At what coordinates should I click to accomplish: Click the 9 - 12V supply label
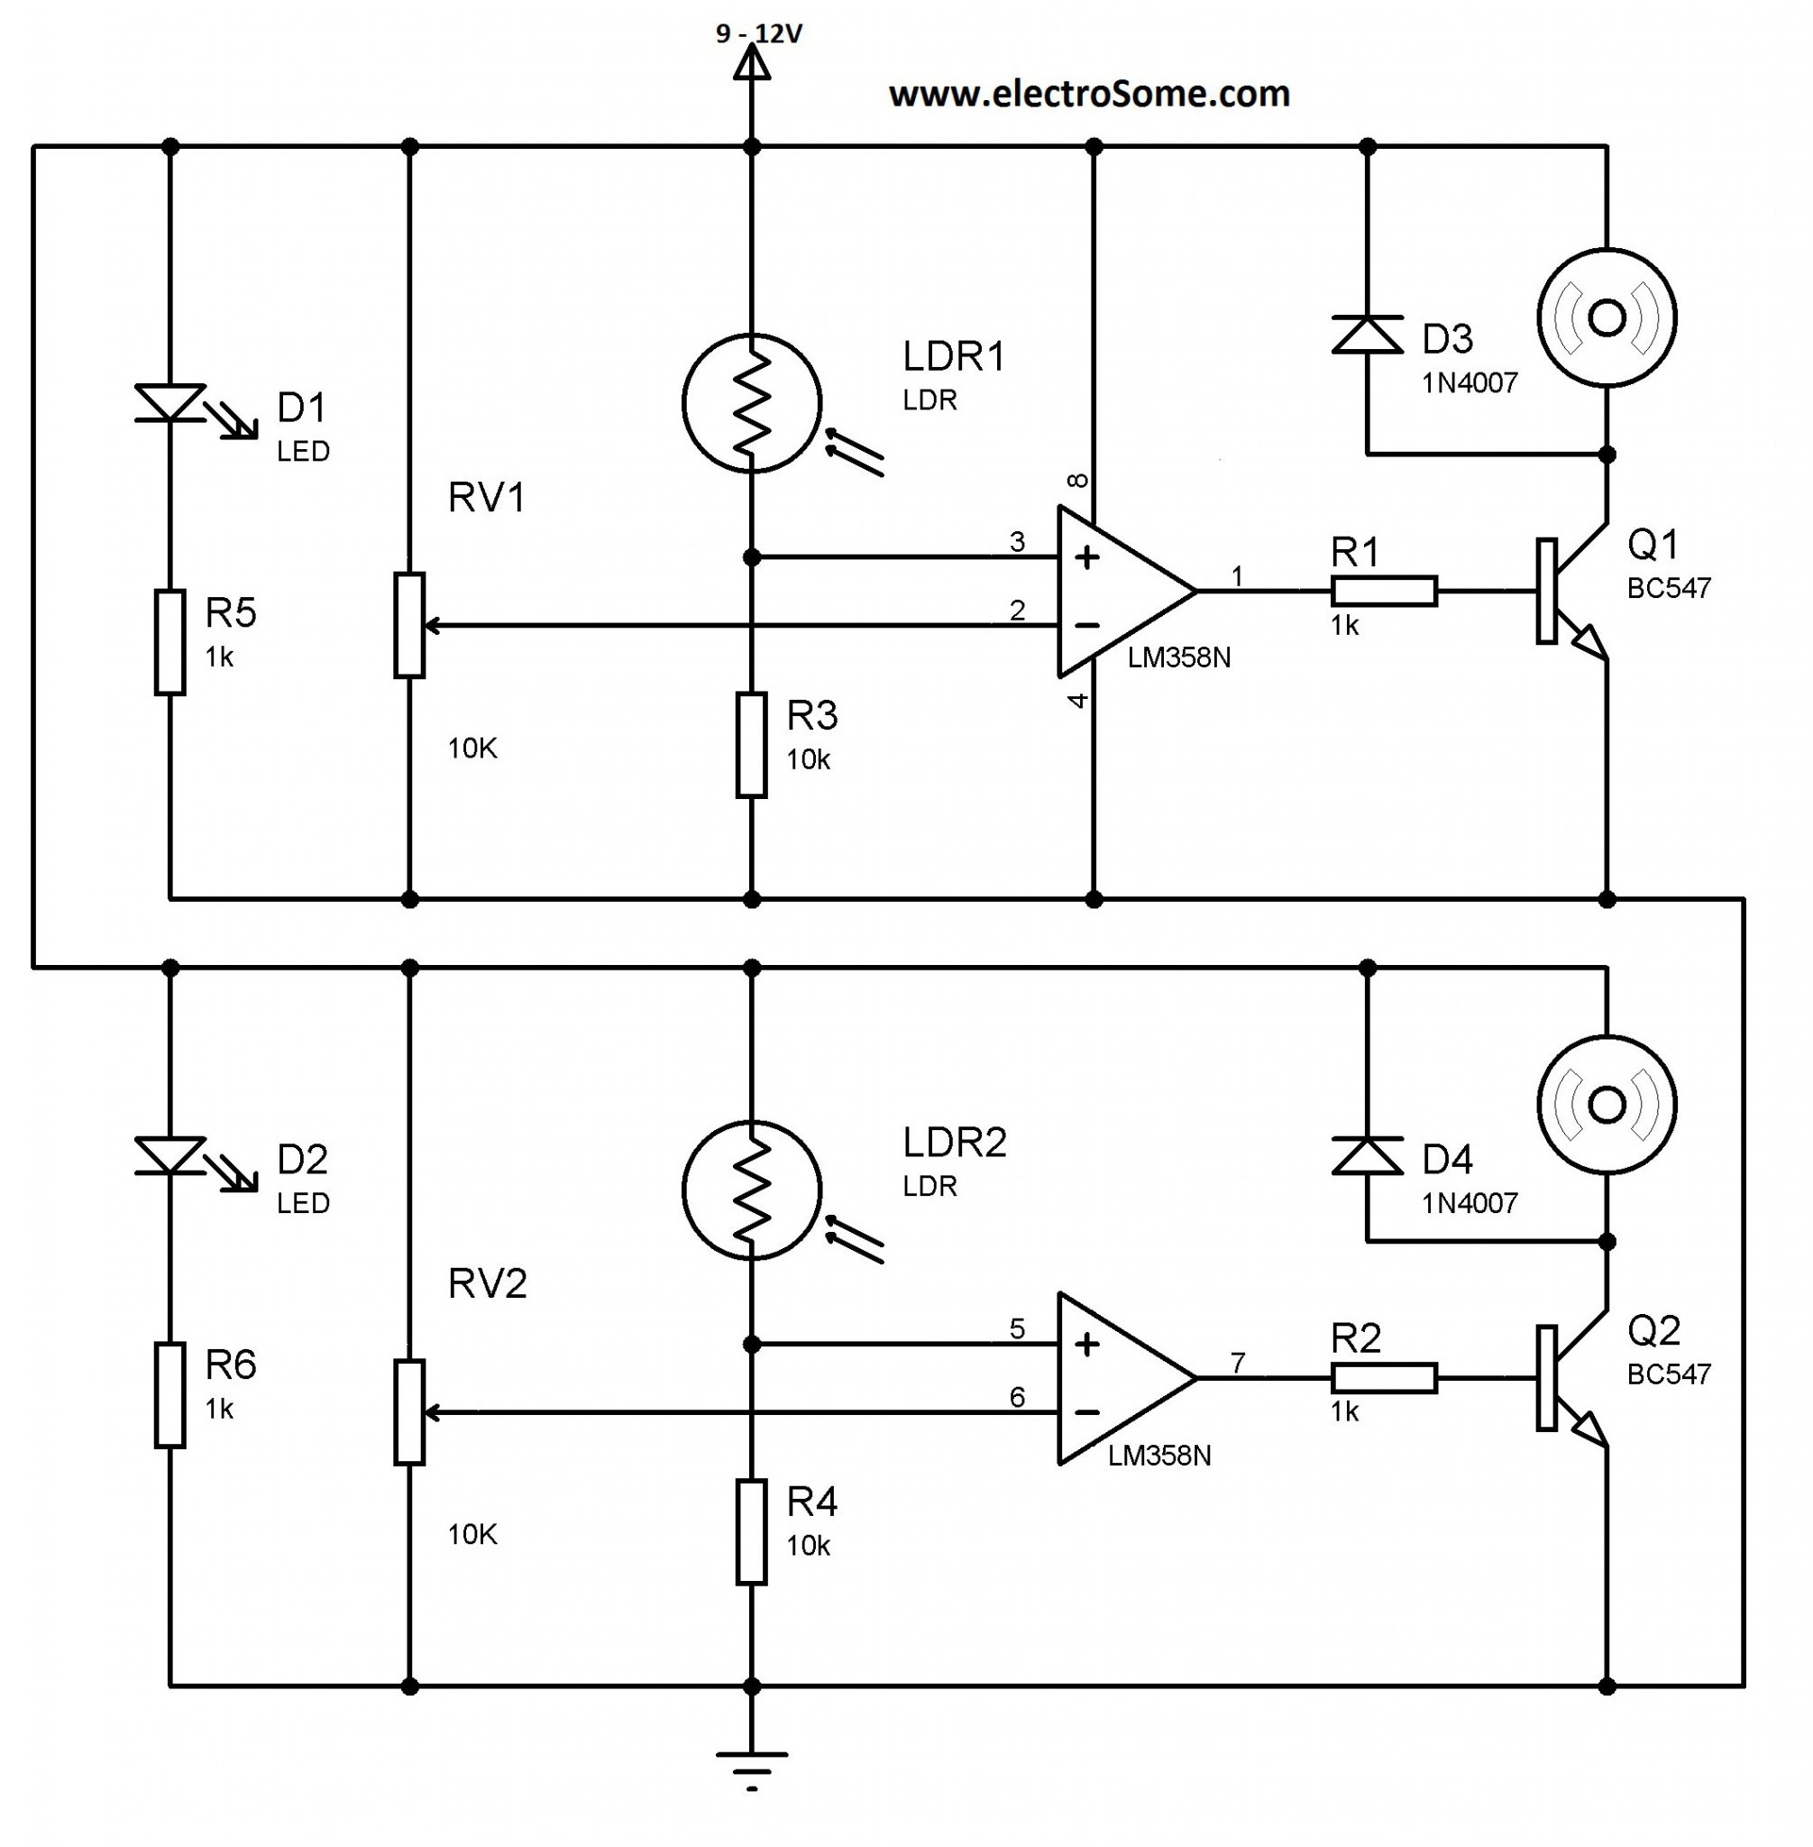pos(759,34)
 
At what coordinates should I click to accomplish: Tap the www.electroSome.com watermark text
pos(1088,95)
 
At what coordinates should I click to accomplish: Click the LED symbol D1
pos(170,403)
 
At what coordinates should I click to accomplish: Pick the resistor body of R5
pos(170,642)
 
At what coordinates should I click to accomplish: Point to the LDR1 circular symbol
pos(751,402)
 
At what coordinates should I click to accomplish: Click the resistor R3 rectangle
pos(751,745)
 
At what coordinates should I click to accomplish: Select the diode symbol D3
pos(1368,335)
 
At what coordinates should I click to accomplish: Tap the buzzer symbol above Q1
pos(1607,318)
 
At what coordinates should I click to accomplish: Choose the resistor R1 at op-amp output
pos(1384,592)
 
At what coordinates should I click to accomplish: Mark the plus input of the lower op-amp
pos(1086,1344)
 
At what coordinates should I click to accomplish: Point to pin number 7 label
pos(1237,1363)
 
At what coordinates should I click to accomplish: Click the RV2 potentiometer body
pos(409,1411)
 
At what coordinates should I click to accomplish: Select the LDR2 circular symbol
pos(751,1190)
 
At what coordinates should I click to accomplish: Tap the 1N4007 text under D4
pos(1470,1203)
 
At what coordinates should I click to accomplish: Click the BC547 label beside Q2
pos(1668,1374)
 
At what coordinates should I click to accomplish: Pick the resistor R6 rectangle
pos(170,1395)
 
